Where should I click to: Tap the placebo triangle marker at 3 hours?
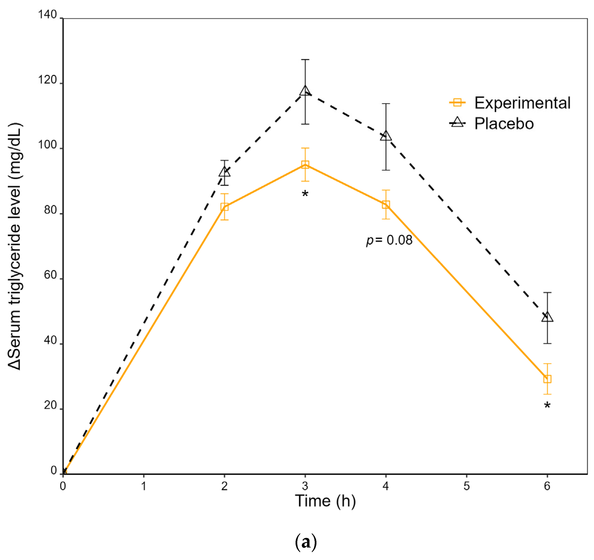305,91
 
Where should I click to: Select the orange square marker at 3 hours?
305,165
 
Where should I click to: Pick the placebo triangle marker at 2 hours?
224,172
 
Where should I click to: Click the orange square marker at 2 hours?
224,207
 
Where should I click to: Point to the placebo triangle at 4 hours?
386,136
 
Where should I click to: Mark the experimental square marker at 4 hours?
386,205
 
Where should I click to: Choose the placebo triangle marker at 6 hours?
547,317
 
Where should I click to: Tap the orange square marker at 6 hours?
547,379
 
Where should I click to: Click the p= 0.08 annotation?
389,240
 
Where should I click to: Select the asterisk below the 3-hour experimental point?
305,194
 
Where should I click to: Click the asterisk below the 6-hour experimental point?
547,406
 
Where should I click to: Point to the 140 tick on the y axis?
47,14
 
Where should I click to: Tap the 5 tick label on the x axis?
466,486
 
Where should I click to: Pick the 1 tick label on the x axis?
144,486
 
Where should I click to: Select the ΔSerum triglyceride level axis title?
15,246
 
